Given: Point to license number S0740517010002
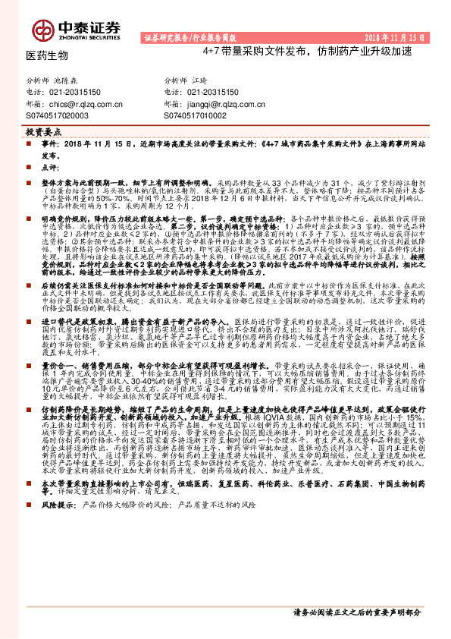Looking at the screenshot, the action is coord(196,115).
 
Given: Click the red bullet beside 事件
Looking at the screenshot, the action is coord(34,143).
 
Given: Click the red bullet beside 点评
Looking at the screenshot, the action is coord(34,166).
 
